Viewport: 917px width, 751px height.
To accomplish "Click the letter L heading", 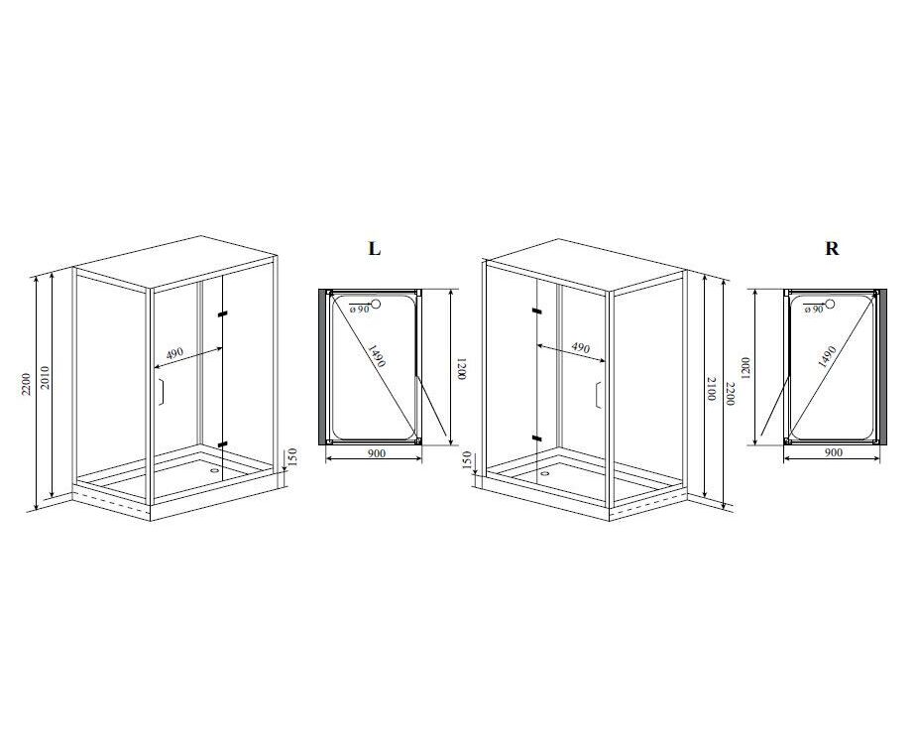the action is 375,248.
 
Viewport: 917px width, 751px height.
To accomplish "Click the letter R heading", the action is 832,248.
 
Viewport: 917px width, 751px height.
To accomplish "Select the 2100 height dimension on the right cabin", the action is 711,389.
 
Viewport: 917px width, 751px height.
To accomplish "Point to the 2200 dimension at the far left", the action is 27,383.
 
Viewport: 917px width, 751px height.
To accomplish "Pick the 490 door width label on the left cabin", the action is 174,353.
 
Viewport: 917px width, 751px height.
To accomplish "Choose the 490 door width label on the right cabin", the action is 580,347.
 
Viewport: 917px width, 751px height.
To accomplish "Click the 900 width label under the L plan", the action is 378,453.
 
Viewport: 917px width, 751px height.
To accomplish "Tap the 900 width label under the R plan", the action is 833,452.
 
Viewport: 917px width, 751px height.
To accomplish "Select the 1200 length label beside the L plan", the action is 461,369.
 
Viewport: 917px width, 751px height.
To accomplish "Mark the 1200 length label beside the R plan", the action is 745,368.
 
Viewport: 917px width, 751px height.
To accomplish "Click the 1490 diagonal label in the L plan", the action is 377,355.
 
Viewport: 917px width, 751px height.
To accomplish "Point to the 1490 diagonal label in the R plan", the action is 827,356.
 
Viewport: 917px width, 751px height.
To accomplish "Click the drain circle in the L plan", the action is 376,304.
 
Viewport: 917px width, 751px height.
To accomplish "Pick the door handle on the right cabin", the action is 598,395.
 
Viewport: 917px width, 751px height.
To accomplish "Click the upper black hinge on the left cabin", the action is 222,314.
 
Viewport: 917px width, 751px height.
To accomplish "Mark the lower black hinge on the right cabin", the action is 537,438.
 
